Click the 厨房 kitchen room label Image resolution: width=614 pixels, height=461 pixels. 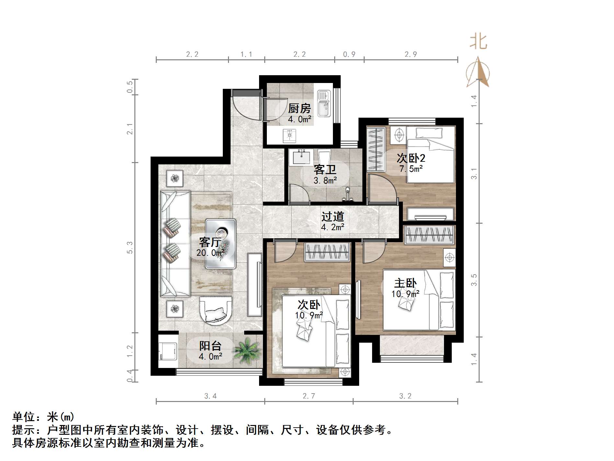point(299,108)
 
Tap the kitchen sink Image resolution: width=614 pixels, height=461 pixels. point(323,103)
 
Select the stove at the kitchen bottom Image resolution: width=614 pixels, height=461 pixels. point(289,136)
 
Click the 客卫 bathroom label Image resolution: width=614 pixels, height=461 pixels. point(325,169)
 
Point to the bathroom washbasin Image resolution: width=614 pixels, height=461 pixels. point(302,157)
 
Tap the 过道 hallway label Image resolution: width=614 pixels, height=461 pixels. point(332,217)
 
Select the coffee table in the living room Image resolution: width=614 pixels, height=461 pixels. point(221,243)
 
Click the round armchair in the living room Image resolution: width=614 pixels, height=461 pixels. point(216,311)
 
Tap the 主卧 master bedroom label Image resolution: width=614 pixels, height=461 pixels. point(405,283)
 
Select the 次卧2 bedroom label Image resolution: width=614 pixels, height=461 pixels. point(411,158)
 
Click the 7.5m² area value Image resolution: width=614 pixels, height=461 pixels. point(411,169)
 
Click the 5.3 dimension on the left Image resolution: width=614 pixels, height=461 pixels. point(130,247)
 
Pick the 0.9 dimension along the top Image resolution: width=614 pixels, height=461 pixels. point(349,54)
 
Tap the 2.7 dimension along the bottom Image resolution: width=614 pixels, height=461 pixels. point(309,396)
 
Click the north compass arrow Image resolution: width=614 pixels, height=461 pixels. point(478,73)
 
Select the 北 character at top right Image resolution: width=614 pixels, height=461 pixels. point(478,42)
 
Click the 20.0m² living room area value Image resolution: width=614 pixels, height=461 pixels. point(210,253)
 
